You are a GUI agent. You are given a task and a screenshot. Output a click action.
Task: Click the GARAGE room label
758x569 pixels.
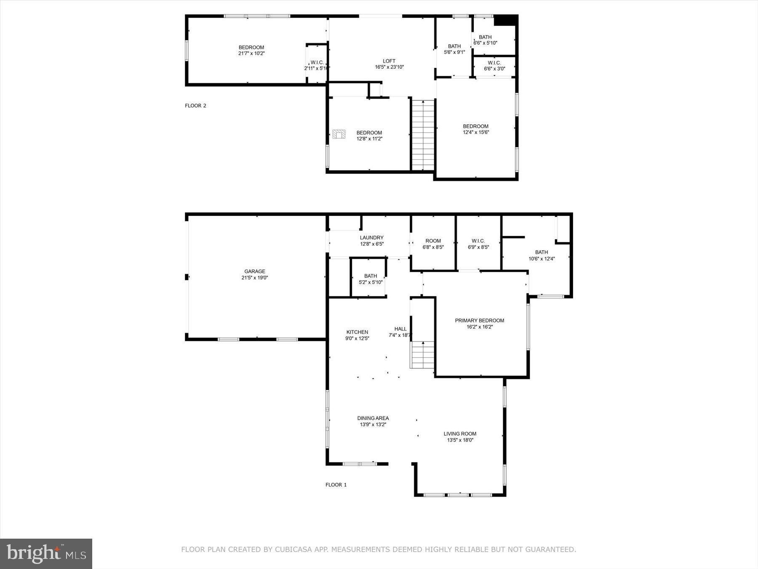tap(255, 271)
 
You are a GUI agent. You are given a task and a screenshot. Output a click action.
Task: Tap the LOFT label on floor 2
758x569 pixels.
tap(389, 61)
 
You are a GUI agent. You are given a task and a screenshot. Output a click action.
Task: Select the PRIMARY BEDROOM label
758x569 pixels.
tap(479, 320)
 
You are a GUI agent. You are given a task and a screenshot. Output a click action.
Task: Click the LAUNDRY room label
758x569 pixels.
tap(371, 238)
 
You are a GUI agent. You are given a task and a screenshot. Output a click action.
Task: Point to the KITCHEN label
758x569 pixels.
tap(357, 332)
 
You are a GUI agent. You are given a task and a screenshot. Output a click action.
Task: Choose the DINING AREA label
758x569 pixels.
tap(373, 418)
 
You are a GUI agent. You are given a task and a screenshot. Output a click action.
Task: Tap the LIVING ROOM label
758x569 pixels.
tap(460, 434)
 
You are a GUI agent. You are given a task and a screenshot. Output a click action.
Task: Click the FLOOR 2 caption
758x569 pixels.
tap(195, 106)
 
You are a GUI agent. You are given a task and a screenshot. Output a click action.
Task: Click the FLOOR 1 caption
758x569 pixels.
tap(336, 485)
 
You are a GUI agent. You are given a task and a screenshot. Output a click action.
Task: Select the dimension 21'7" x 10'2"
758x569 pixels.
tap(251, 54)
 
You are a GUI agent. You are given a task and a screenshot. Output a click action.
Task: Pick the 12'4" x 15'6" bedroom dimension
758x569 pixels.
tap(476, 132)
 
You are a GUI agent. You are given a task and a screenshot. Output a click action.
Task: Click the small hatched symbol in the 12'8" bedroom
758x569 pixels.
tap(339, 134)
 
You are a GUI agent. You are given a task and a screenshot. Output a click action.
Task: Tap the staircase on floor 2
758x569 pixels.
tap(423, 135)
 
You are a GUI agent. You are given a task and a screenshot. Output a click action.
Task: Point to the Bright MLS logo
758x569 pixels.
tap(46, 553)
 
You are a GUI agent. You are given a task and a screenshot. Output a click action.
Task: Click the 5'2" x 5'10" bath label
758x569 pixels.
tap(371, 279)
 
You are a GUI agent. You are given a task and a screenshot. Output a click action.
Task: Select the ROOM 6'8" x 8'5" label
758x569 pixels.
tap(433, 244)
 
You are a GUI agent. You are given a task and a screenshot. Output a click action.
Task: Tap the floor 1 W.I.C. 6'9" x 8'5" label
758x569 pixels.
tap(478, 244)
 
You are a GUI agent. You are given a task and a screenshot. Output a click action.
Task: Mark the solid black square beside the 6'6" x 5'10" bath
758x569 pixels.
tap(505, 20)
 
